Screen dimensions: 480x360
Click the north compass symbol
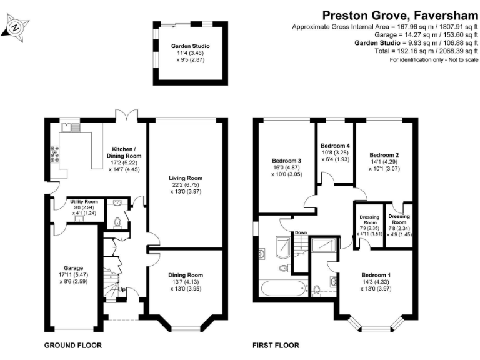15,28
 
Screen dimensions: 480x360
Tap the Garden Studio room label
191,46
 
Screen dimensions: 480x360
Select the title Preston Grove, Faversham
400,15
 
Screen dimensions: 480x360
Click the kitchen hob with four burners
55,154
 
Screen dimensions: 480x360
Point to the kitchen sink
71,127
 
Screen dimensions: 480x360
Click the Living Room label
186,178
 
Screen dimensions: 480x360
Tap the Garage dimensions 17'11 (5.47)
74,275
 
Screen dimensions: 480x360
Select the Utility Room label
84,202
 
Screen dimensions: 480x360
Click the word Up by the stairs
121,289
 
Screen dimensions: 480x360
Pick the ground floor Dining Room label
186,275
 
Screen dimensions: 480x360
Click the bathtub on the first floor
283,288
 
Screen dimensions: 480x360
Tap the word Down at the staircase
301,232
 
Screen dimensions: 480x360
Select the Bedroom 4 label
335,146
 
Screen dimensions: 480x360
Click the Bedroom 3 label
286,161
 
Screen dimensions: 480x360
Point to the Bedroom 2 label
384,155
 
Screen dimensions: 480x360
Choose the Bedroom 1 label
376,275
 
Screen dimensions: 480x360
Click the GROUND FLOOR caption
73,345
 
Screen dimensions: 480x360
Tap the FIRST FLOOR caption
276,345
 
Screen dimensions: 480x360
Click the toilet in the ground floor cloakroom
117,223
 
